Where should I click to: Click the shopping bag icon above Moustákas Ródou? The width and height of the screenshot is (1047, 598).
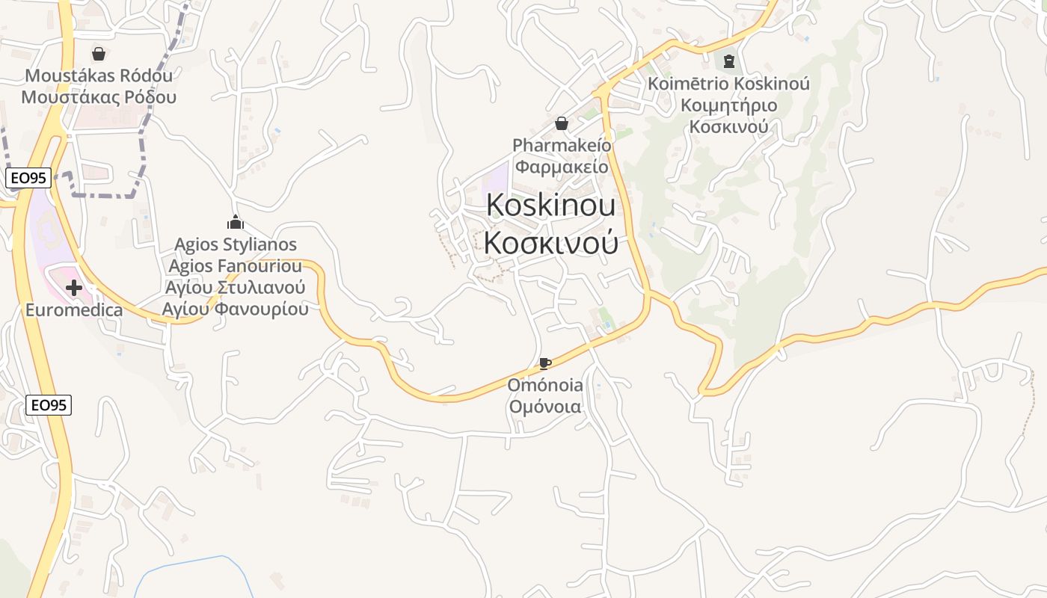coord(98,54)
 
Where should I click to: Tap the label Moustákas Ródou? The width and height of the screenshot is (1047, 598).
coord(99,75)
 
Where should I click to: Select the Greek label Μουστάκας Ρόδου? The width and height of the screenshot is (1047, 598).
coord(99,97)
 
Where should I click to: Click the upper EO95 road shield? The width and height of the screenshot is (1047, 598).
coord(28,178)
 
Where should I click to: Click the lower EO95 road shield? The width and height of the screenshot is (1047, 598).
coord(49,405)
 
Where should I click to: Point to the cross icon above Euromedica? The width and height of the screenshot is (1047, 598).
coord(74,287)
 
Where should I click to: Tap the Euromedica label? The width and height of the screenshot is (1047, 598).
coord(74,309)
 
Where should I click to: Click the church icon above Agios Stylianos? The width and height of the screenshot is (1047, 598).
coord(236,222)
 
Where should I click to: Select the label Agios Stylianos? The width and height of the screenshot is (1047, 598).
coord(236,244)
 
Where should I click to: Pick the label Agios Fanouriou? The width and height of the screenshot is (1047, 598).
coord(236,266)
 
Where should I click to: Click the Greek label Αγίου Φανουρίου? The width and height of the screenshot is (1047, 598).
coord(236,309)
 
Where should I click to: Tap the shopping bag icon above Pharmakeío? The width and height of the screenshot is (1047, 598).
coord(562,123)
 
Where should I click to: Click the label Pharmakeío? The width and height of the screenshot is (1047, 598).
coord(562,145)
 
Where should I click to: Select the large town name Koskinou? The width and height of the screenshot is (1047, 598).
coord(551,206)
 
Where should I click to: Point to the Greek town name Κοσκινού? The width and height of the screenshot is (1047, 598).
coord(551,242)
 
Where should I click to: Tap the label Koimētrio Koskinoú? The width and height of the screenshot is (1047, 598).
coord(729,83)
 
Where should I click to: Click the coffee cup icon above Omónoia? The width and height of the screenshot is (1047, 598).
coord(545,364)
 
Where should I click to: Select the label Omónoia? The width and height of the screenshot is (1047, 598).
coord(545,386)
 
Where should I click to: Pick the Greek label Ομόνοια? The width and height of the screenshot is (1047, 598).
coord(545,407)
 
